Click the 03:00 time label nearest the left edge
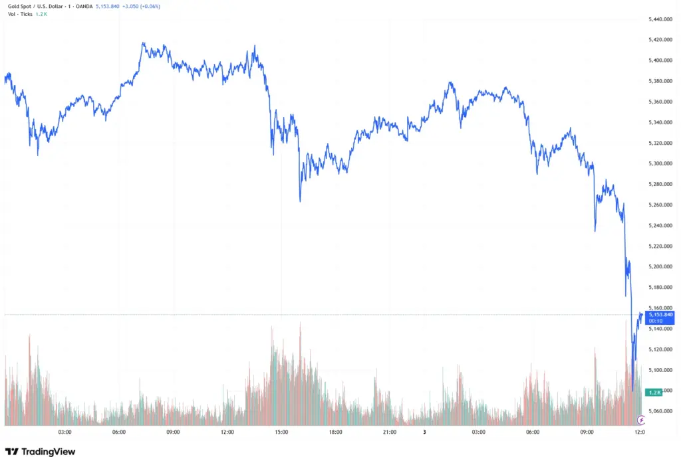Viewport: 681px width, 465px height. [x=65, y=432]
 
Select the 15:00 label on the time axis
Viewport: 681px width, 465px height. [x=281, y=432]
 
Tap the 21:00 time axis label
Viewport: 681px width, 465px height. [x=390, y=432]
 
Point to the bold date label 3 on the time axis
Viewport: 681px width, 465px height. [x=424, y=432]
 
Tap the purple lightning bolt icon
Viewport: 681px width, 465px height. [x=641, y=420]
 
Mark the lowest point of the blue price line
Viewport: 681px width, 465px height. [x=632, y=391]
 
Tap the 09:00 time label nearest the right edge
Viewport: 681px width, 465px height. [x=587, y=432]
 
